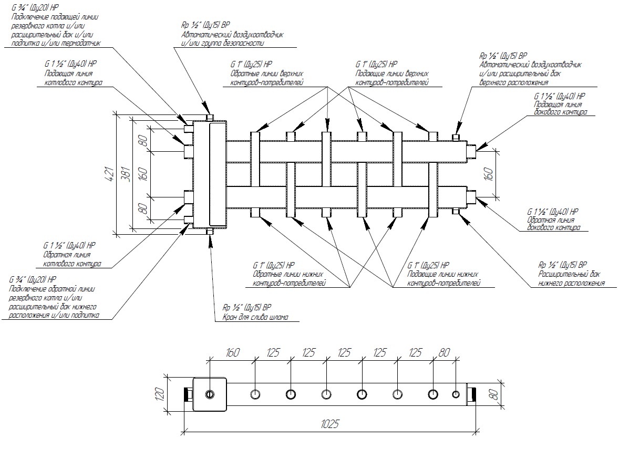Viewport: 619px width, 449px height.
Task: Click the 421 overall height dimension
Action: [x=110, y=174]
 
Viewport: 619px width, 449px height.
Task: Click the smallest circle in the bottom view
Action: [x=456, y=394]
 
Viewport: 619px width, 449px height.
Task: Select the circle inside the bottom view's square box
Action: [x=210, y=394]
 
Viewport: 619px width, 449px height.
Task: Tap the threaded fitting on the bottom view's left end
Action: [x=188, y=394]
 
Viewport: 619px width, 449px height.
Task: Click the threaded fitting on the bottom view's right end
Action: [x=472, y=394]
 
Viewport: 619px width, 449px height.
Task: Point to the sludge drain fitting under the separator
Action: [x=210, y=231]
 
